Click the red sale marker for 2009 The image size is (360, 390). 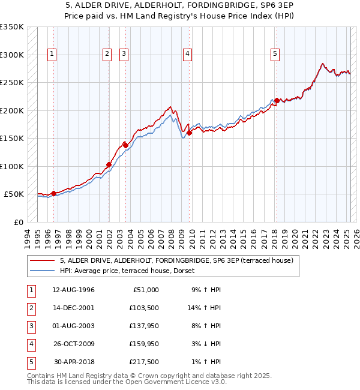[x=188, y=133]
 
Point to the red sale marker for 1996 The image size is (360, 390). [x=53, y=193]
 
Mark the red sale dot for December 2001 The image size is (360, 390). [x=109, y=164]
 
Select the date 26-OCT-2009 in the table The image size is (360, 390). [x=73, y=344]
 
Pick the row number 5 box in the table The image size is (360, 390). [x=30, y=362]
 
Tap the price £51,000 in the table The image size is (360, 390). [x=146, y=290]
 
